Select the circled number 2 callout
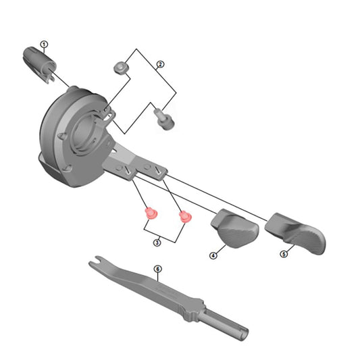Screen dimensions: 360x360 (160, 66)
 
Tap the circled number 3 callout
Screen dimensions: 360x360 (157, 242)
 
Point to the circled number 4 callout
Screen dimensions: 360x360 (213, 256)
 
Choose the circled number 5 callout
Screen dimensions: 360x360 (284, 254)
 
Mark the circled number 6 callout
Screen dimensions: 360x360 (157, 269)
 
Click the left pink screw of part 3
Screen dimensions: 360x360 (151, 215)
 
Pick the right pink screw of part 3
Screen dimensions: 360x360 (184, 217)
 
